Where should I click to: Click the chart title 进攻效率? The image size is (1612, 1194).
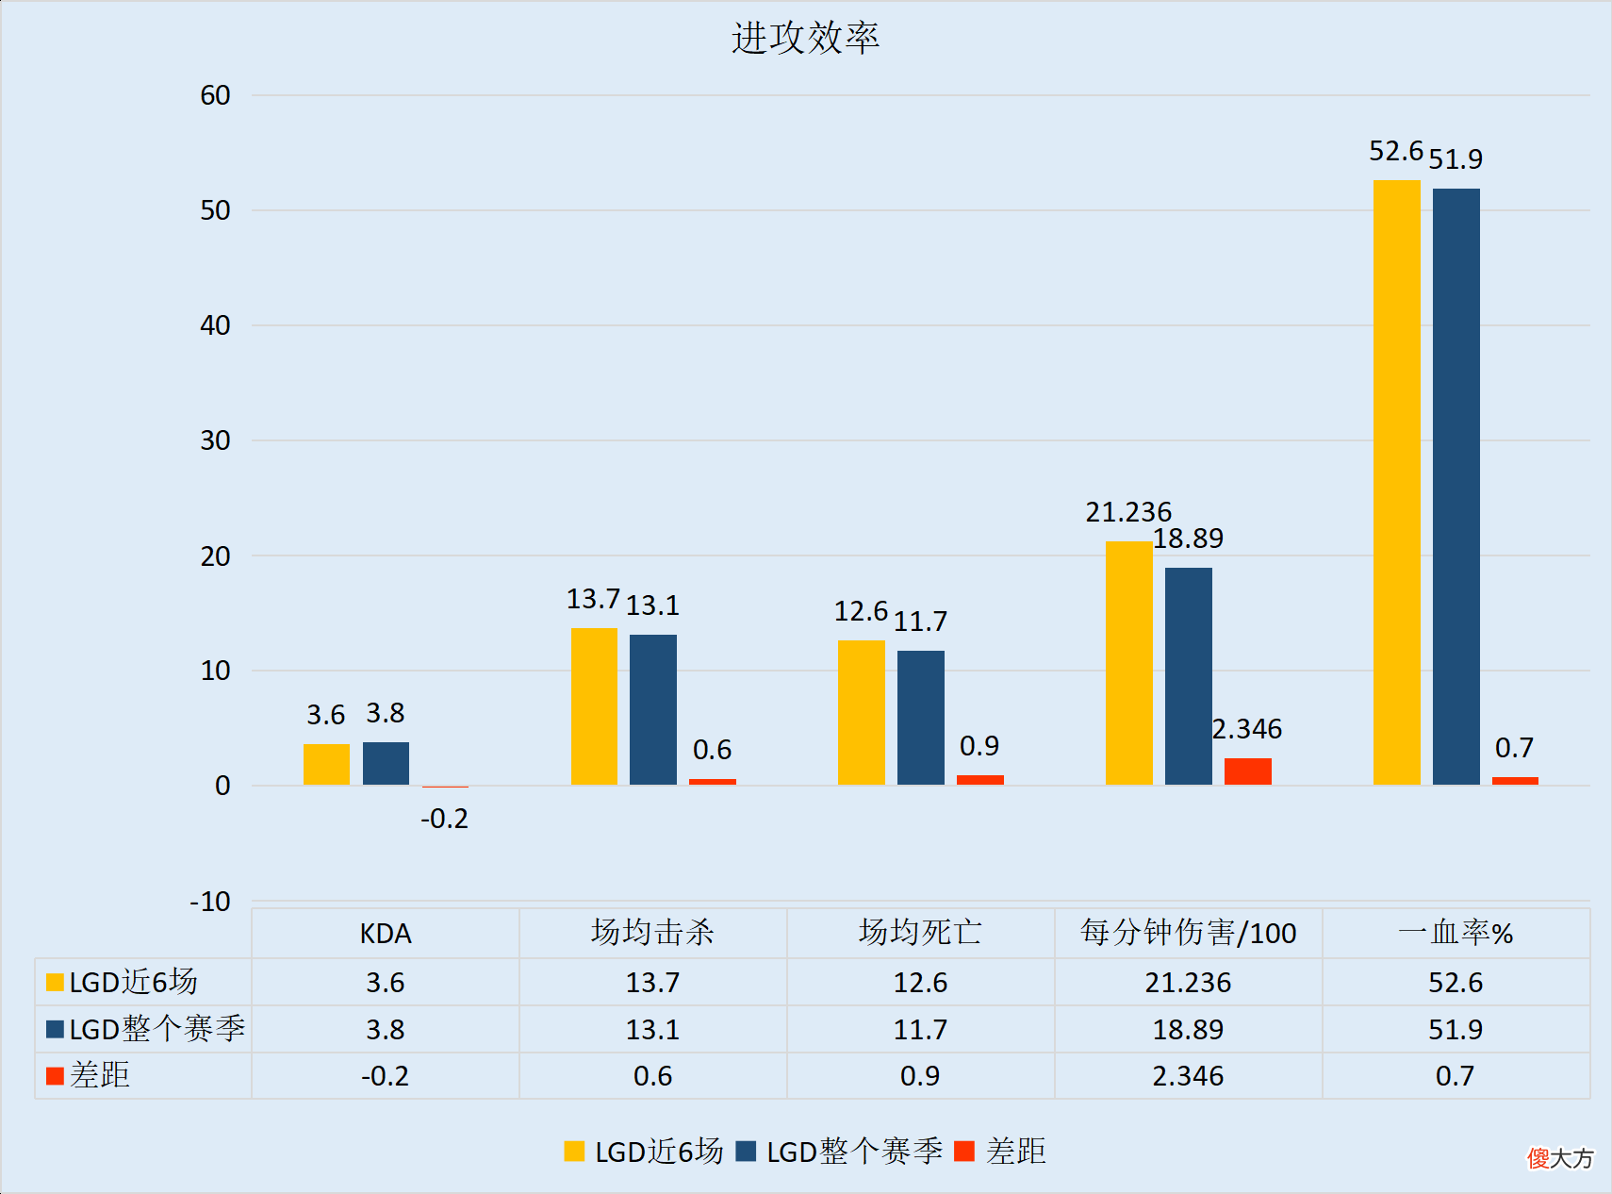805,39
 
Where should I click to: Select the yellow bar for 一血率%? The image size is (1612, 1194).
1396,482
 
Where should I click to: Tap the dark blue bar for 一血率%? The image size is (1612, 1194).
1456,486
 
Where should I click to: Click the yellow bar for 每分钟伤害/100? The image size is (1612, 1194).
1128,663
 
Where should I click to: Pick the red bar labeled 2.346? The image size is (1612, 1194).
1247,771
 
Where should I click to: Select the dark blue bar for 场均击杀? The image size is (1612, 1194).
652,709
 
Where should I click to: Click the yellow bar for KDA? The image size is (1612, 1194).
326,764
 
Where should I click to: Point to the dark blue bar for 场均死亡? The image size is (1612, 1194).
920,718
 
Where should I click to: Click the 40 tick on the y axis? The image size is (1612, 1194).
215,325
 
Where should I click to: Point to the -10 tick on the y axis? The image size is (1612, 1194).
210,902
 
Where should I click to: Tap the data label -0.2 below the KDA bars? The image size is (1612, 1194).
444,819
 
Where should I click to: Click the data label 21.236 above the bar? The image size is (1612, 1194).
1128,512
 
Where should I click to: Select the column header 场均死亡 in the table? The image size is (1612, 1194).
920,933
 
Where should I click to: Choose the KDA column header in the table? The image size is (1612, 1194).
386,934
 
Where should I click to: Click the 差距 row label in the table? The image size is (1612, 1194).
99,1075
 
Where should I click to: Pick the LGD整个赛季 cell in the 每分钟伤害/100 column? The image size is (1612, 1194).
1188,1029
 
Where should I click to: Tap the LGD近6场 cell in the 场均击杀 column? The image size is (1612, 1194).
652,983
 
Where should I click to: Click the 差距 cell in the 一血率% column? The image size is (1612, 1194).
1455,1076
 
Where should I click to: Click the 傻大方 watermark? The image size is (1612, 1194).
1560,1158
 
